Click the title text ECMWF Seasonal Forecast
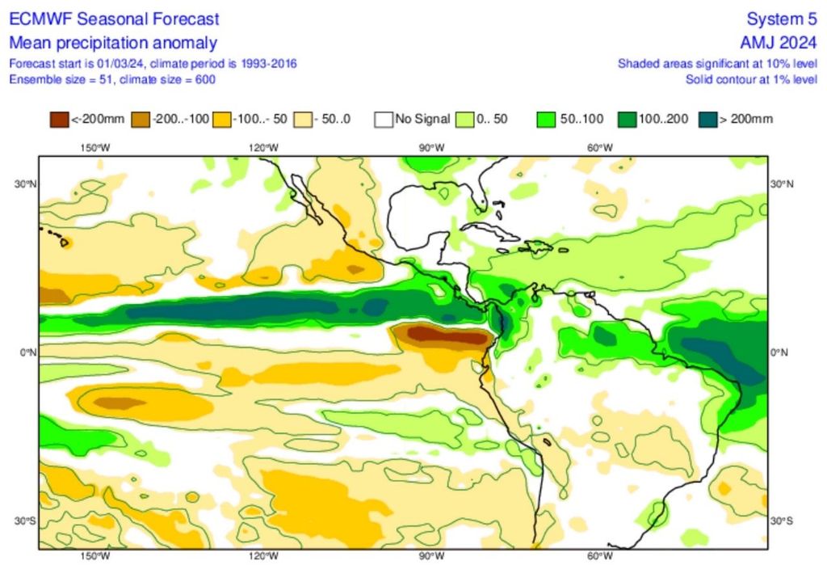coord(114,19)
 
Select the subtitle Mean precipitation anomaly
coord(112,43)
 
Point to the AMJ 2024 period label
coord(780,43)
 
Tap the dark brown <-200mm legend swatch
coord(58,120)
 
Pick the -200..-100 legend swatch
coord(140,120)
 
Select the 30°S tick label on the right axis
coord(781,520)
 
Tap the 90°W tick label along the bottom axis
coord(431,557)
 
